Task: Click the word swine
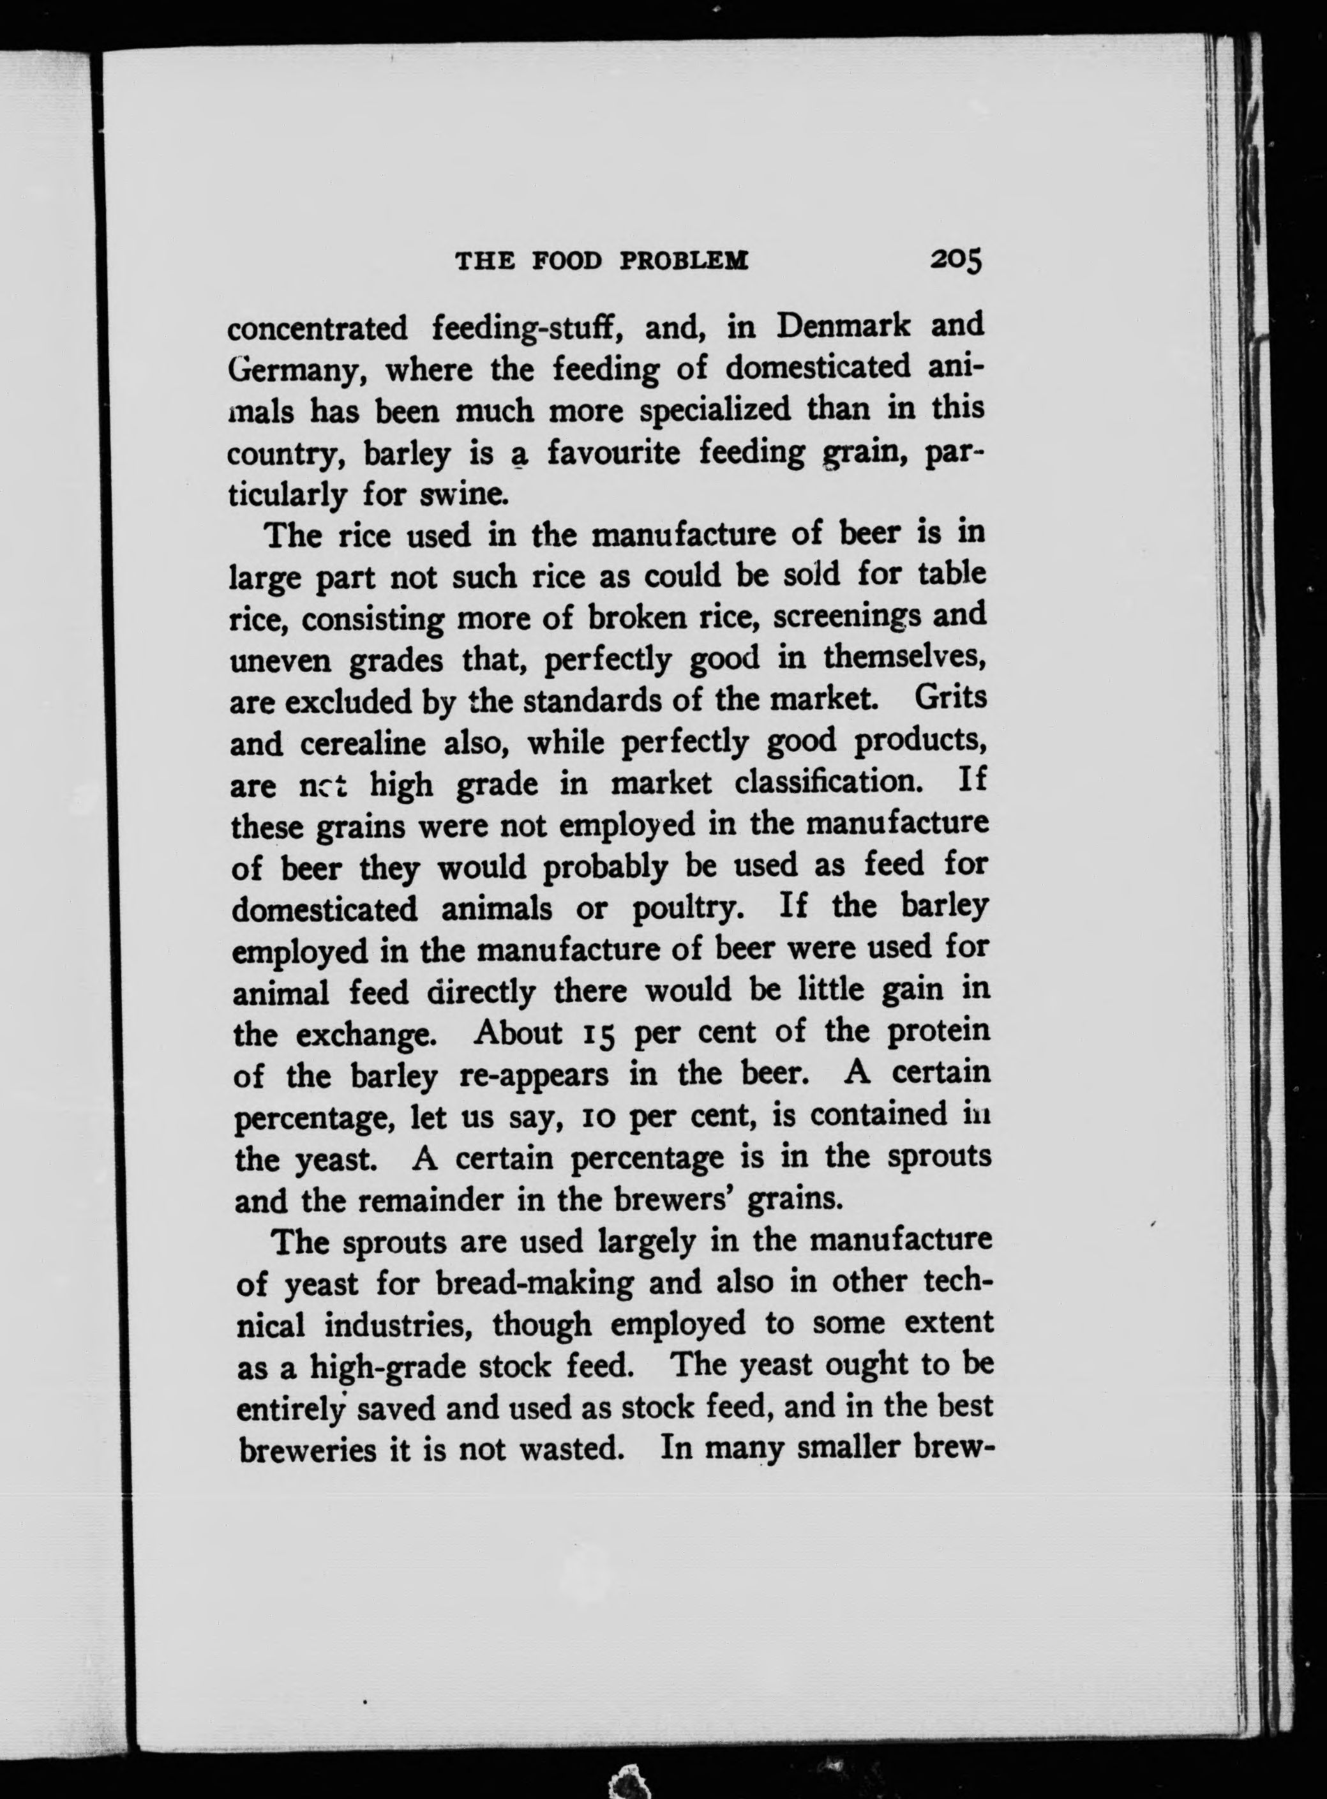click(x=462, y=495)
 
